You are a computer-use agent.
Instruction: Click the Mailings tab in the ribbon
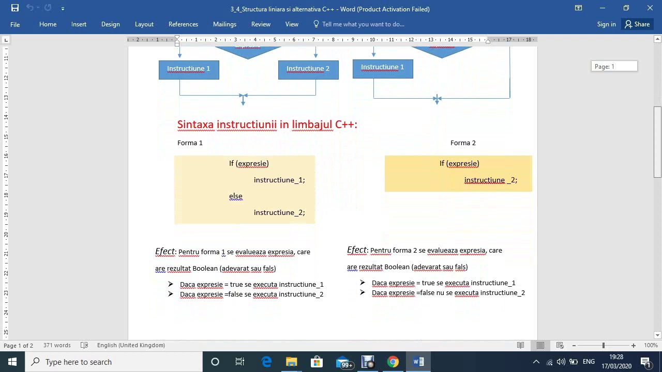click(x=224, y=24)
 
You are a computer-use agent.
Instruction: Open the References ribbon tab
click(x=183, y=24)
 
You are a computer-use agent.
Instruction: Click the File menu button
click(x=15, y=24)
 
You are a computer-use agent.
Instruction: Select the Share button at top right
click(x=637, y=24)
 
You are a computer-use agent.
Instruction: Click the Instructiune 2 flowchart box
click(x=308, y=69)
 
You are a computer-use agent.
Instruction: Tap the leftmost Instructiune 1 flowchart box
click(x=189, y=69)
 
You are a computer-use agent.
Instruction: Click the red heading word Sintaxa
click(x=195, y=125)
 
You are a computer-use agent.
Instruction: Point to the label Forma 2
click(x=463, y=143)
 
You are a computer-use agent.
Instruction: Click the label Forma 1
click(x=190, y=143)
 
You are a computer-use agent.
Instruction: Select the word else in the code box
click(x=236, y=196)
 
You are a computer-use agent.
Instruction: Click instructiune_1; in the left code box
click(x=279, y=180)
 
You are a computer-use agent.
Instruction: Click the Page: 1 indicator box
click(x=614, y=66)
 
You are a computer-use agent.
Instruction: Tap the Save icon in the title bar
click(x=15, y=8)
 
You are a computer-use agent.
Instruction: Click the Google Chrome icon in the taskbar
click(x=393, y=362)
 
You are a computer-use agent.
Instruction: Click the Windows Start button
click(x=12, y=362)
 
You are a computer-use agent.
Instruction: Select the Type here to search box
click(x=114, y=362)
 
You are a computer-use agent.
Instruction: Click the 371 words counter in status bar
click(x=57, y=345)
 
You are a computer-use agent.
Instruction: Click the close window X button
click(x=650, y=8)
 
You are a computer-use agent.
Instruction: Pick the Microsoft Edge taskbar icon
click(x=266, y=362)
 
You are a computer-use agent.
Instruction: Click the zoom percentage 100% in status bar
click(x=651, y=345)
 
